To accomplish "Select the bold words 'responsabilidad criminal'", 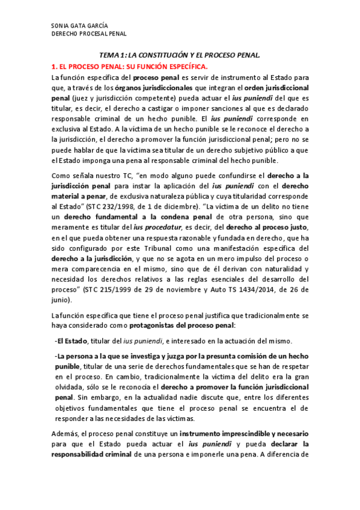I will tap(91, 455).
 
